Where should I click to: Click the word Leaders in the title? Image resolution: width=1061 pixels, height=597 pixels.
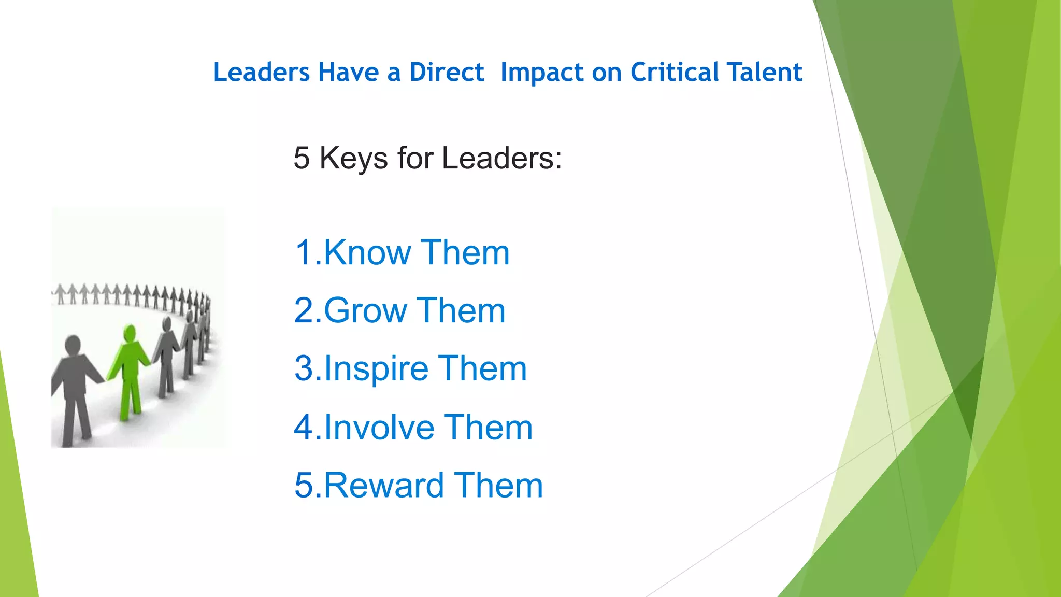(x=262, y=72)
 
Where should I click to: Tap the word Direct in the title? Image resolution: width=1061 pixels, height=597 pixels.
(x=447, y=72)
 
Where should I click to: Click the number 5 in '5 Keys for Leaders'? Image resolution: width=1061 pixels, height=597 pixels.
(x=302, y=158)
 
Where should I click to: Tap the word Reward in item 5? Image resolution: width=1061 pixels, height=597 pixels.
(x=384, y=486)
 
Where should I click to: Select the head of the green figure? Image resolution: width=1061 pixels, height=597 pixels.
(x=130, y=333)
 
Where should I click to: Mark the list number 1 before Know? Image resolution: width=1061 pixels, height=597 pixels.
(x=304, y=253)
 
